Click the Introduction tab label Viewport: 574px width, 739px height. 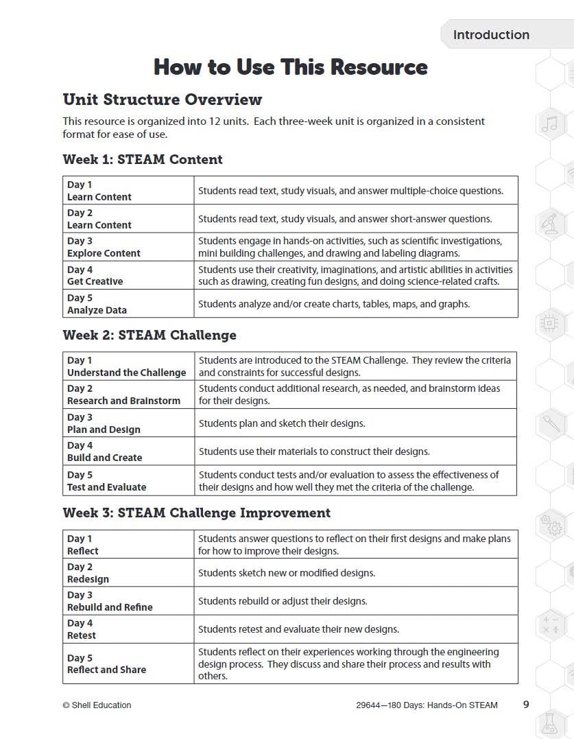491,35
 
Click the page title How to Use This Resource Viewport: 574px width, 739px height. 291,67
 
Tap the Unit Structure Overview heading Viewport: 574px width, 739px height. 162,99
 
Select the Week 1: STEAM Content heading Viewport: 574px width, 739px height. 143,159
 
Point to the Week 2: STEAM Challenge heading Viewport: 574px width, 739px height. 150,336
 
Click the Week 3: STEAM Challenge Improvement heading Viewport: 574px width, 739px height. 196,513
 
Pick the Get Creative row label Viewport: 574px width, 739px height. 95,281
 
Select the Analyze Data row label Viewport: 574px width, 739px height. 97,310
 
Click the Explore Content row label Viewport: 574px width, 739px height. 104,253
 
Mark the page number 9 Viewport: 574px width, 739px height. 526,704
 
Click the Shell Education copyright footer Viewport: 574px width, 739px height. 97,705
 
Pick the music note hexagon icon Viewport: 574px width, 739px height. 550,124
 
